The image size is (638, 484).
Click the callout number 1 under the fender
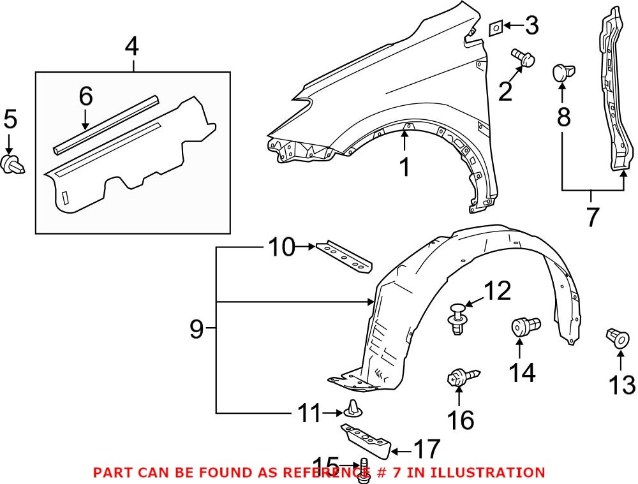[404, 168]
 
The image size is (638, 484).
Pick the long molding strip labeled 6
[105, 123]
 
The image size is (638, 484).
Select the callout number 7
[593, 217]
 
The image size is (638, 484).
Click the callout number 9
[197, 329]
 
